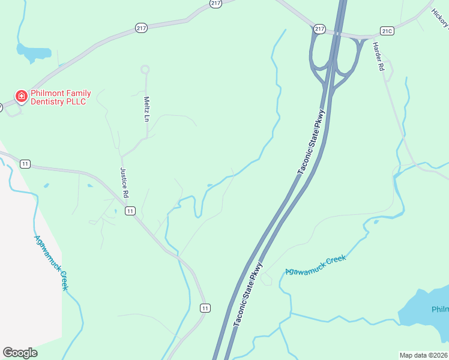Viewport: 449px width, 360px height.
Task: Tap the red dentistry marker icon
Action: coord(20,96)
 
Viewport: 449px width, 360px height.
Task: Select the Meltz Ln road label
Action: coord(146,108)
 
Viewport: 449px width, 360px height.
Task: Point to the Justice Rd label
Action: coord(124,182)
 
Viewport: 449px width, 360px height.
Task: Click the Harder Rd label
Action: coord(378,57)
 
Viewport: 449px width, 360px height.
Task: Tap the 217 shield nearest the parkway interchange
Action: coord(319,29)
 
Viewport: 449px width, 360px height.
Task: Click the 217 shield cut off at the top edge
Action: coord(216,3)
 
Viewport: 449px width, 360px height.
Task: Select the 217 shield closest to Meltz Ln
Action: coord(142,28)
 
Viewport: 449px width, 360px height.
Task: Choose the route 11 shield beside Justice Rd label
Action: coord(130,211)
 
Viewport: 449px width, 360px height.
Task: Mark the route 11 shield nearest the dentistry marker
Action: coord(25,164)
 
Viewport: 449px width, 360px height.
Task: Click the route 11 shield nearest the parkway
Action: coord(205,308)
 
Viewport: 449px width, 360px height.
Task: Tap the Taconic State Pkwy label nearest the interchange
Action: coord(313,142)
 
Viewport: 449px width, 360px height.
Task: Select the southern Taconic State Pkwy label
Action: coord(248,294)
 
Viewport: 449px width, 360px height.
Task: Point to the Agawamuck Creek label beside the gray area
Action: coord(51,262)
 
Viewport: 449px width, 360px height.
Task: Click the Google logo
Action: coord(20,353)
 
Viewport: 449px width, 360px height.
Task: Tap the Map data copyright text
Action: coord(423,355)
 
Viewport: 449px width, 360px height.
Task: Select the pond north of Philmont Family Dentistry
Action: coord(33,52)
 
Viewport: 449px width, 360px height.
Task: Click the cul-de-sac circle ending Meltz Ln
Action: coord(145,70)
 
